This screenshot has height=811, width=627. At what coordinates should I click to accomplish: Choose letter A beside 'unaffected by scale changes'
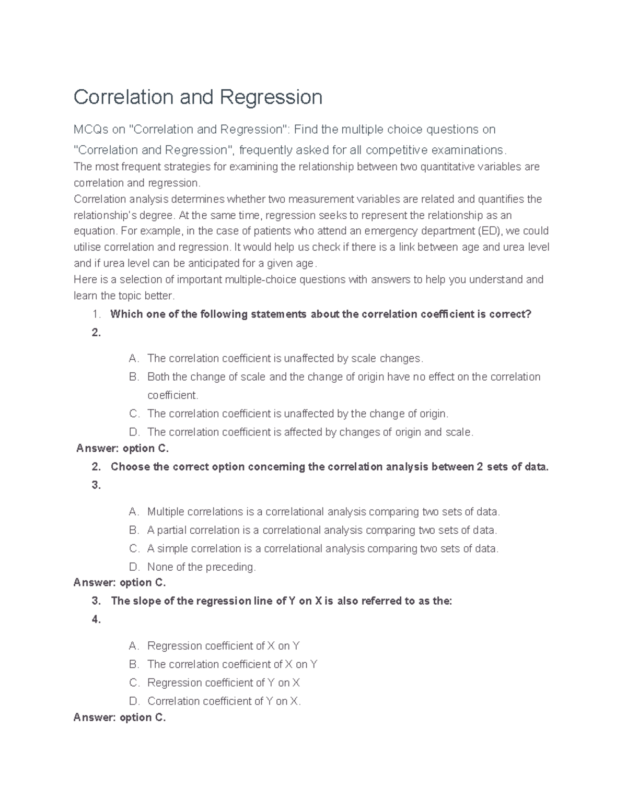134,359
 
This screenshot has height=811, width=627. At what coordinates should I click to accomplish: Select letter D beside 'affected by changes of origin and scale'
134,432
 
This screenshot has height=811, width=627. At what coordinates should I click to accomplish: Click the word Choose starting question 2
130,467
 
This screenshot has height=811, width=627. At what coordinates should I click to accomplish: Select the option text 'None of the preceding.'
201,567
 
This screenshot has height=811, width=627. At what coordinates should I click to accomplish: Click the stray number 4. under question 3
96,620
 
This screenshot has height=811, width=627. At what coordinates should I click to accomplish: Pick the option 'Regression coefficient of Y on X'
223,683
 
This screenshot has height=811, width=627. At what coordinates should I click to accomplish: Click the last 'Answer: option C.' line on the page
120,718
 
